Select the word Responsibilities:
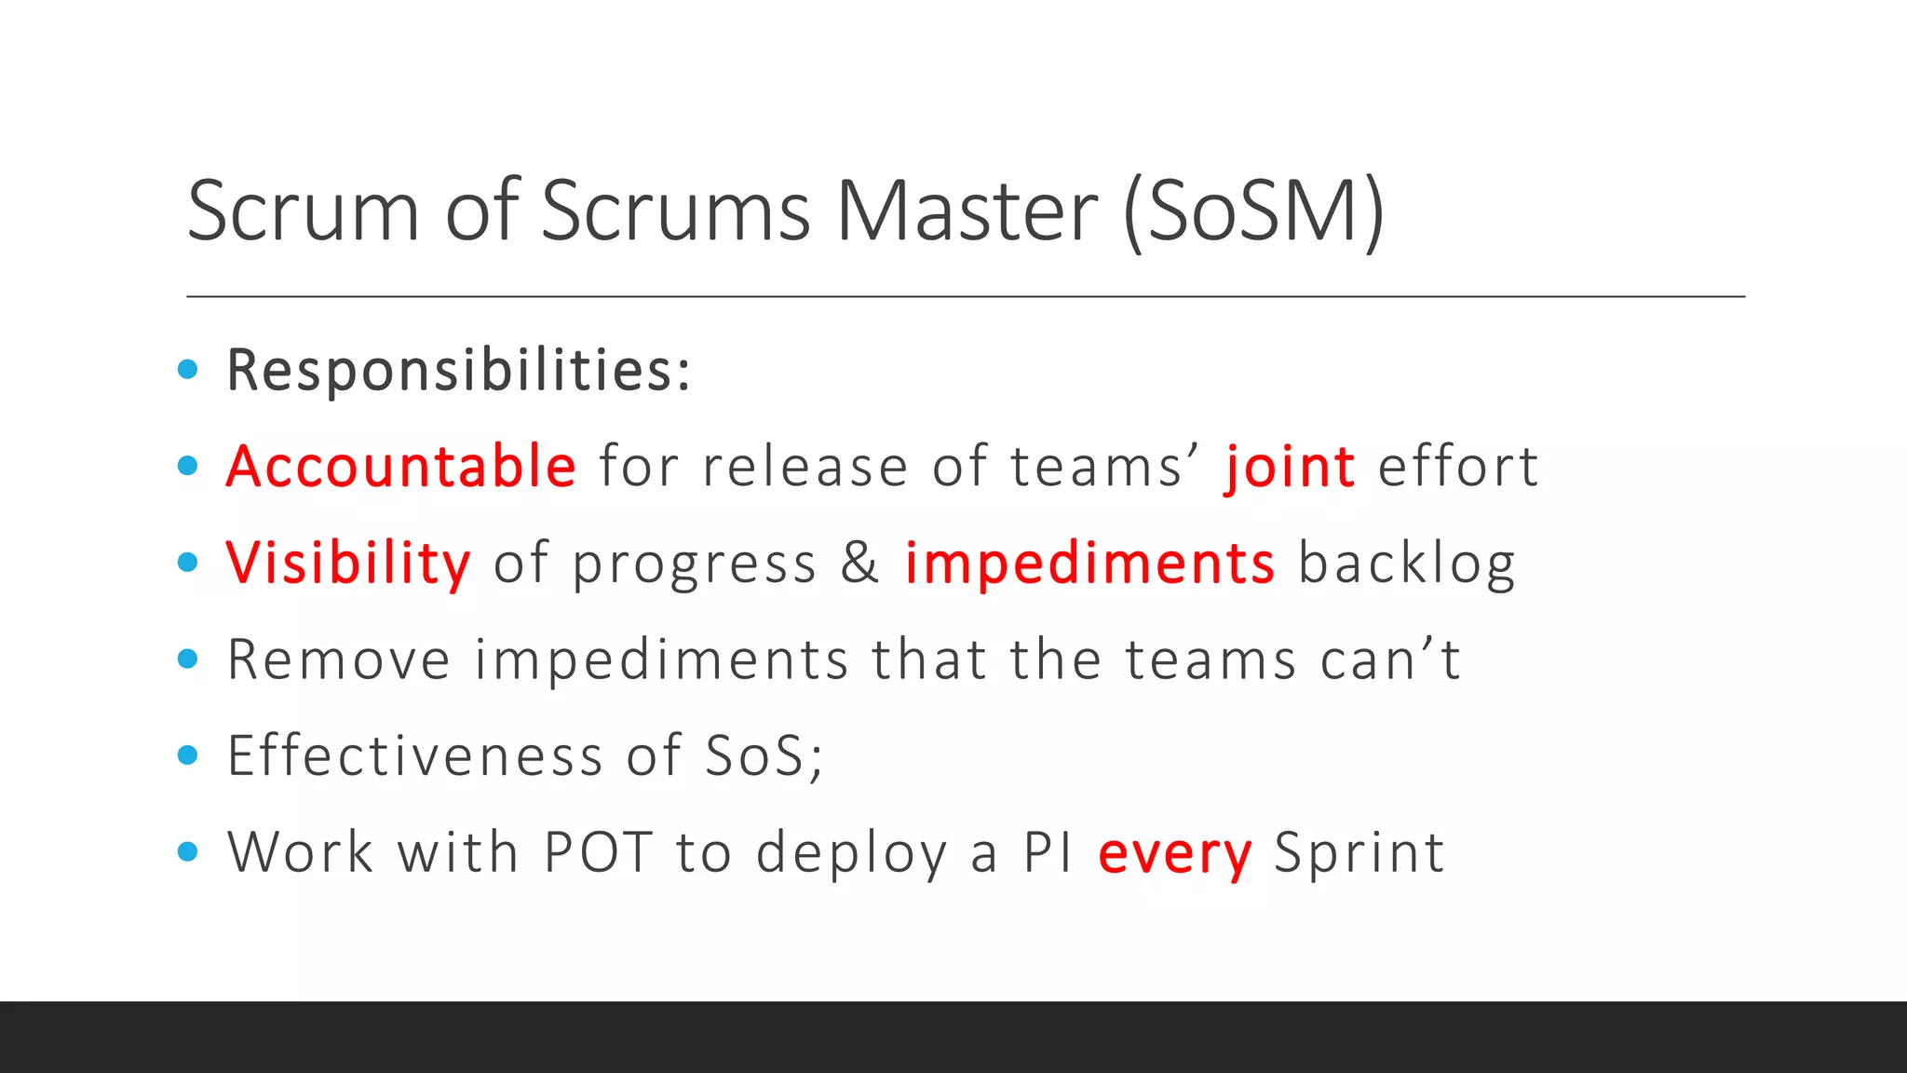(459, 371)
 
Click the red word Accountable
(401, 466)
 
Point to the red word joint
(1290, 468)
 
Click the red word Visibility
(348, 564)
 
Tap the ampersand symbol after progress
(859, 564)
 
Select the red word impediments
(1089, 564)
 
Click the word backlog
(1406, 564)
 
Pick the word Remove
(339, 660)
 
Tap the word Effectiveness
(415, 755)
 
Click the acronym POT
(598, 852)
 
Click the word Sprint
(1359, 853)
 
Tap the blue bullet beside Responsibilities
(188, 370)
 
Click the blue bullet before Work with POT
(188, 851)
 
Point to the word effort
(1457, 467)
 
